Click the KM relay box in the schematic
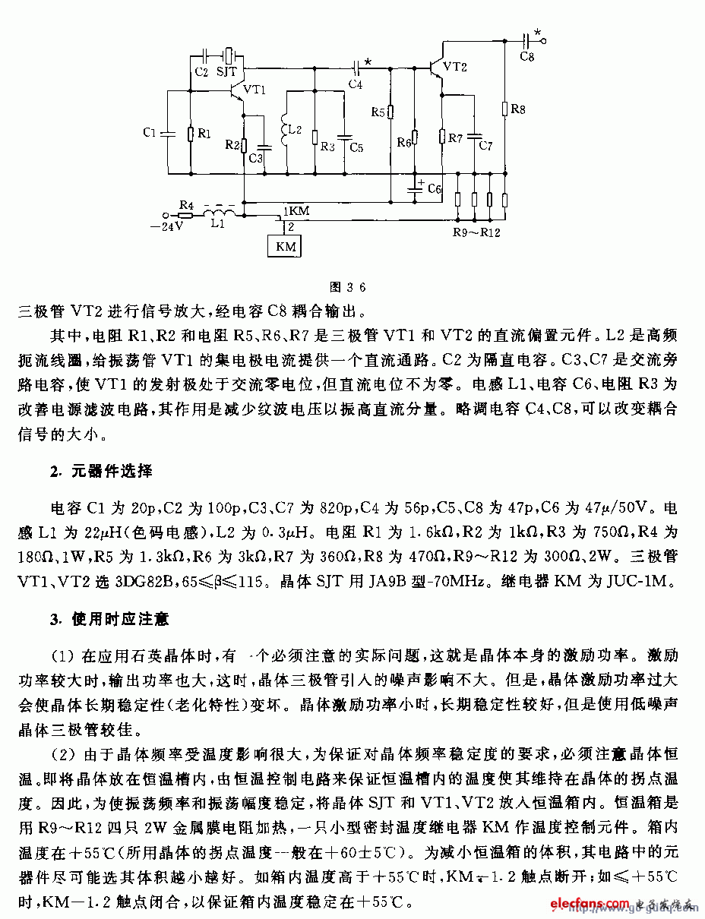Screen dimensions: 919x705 point(285,246)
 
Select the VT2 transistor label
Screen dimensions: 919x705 point(454,67)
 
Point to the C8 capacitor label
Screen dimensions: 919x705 point(526,57)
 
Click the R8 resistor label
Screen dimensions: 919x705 point(517,110)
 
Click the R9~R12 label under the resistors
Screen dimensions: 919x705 point(476,232)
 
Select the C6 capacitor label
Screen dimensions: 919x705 point(434,188)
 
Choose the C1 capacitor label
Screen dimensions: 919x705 point(149,133)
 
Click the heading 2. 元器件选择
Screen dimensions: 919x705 point(102,472)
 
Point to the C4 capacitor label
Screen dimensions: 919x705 point(355,84)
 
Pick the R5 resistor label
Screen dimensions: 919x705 point(378,112)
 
